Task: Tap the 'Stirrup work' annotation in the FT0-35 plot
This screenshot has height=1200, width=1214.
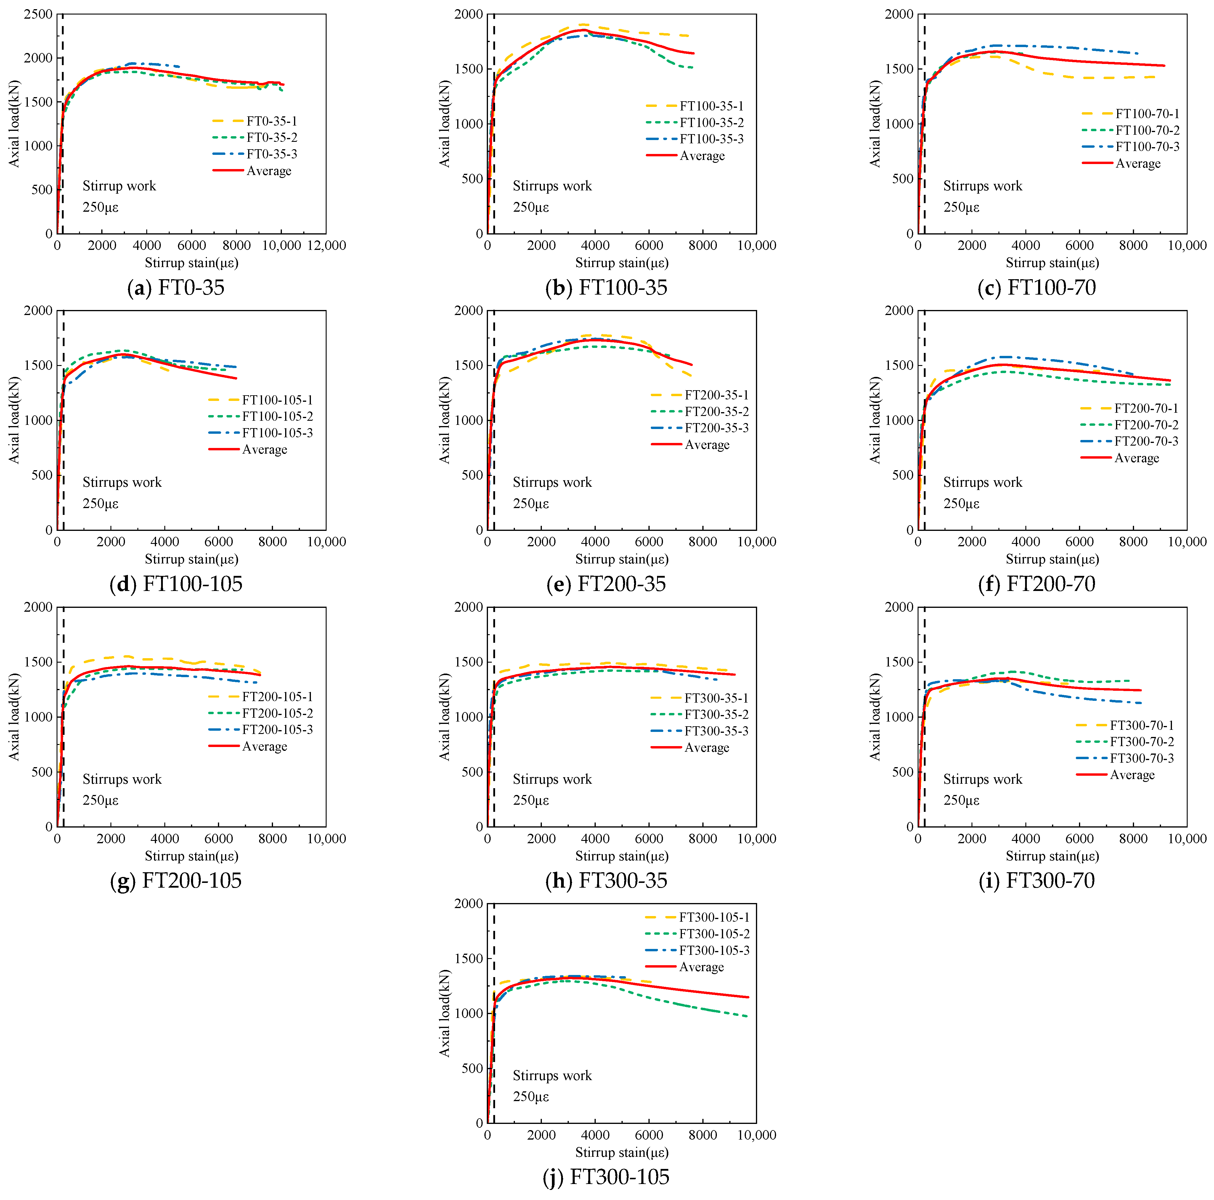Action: (119, 186)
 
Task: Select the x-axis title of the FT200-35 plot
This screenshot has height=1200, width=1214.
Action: (622, 559)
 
